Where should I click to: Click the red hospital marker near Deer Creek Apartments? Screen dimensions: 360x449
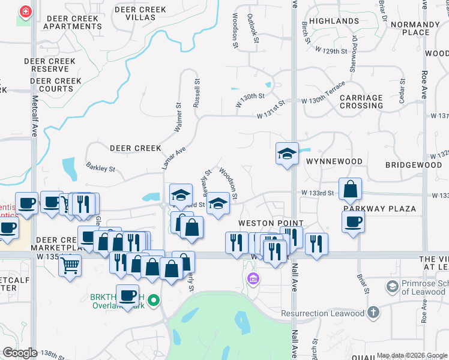[x=25, y=13]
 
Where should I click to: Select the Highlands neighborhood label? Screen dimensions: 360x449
[x=334, y=21]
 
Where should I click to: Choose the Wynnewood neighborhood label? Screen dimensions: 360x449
[x=334, y=161]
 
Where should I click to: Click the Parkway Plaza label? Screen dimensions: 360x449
[x=379, y=209]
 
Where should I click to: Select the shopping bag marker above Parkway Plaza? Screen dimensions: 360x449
[x=350, y=190]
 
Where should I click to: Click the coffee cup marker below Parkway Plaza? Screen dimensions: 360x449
[x=354, y=222]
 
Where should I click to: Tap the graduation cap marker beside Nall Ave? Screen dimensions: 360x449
[x=287, y=154]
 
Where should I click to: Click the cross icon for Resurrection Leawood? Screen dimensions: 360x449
[x=373, y=312]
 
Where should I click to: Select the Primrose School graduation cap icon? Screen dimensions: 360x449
[x=393, y=287]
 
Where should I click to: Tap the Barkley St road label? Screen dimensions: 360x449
[x=100, y=169]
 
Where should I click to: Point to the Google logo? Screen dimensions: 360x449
[x=20, y=353]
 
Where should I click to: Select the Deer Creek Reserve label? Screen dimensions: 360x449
[x=50, y=65]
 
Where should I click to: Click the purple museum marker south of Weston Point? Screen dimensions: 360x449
[x=252, y=279]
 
